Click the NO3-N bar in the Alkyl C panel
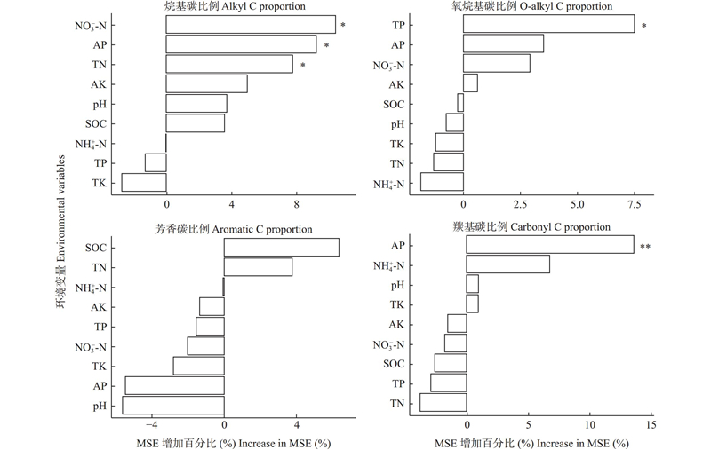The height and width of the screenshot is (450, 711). [x=251, y=25]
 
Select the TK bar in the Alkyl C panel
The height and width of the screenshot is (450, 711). [x=144, y=182]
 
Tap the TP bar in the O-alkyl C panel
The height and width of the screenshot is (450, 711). [x=548, y=25]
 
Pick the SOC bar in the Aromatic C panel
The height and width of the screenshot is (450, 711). [x=281, y=247]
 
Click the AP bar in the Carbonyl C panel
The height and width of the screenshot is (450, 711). [x=549, y=244]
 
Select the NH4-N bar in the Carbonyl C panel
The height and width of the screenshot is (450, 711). [x=507, y=264]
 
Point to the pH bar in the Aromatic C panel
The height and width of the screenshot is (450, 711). [x=173, y=405]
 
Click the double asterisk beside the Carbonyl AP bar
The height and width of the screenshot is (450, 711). [x=646, y=246]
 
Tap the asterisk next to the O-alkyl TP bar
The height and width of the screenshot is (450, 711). [x=644, y=26]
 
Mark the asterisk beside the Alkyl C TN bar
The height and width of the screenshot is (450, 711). [x=303, y=65]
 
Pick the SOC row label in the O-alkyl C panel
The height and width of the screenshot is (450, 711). [x=394, y=105]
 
